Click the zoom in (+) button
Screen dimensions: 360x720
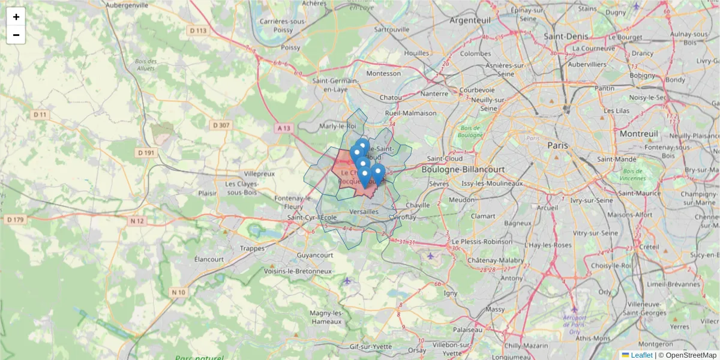click(x=16, y=17)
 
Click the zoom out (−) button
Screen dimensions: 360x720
click(x=16, y=35)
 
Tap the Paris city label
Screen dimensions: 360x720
click(x=557, y=145)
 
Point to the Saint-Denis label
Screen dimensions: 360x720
click(x=566, y=37)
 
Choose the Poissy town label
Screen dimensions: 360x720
click(x=290, y=47)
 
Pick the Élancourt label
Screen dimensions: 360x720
click(x=209, y=259)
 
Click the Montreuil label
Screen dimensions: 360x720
click(x=639, y=133)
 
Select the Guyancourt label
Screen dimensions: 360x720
click(x=314, y=255)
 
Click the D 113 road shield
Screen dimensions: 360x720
click(x=197, y=31)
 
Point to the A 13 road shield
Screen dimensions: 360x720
click(x=284, y=128)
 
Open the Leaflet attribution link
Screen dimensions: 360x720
click(x=641, y=355)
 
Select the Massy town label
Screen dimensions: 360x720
click(x=496, y=309)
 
